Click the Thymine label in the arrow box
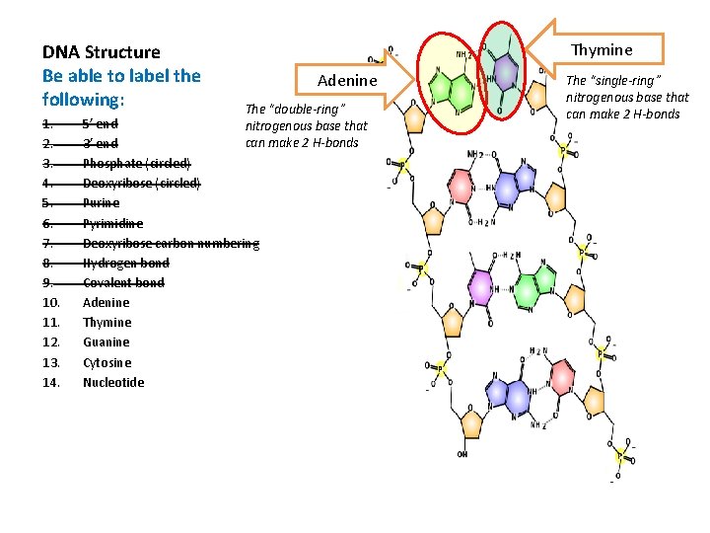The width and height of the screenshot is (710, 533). (x=602, y=50)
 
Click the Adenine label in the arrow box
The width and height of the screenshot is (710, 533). (x=347, y=80)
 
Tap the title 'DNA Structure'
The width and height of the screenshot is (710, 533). (x=101, y=51)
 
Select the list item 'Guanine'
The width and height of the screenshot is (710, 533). (x=106, y=343)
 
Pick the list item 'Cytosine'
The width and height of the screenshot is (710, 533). (x=106, y=362)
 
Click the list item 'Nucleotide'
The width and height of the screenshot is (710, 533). (x=113, y=382)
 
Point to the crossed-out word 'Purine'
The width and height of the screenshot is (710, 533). (x=101, y=203)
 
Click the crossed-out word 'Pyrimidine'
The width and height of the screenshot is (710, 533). (x=112, y=223)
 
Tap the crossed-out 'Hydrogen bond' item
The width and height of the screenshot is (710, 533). (x=125, y=263)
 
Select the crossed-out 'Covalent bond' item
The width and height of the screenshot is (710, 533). (x=123, y=282)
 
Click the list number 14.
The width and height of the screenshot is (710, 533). (x=51, y=382)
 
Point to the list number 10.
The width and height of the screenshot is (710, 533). (x=51, y=303)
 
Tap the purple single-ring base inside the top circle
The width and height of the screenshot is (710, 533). (x=505, y=72)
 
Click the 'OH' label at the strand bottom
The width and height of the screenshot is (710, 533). (x=462, y=454)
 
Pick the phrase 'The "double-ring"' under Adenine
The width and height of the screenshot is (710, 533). (x=281, y=109)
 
